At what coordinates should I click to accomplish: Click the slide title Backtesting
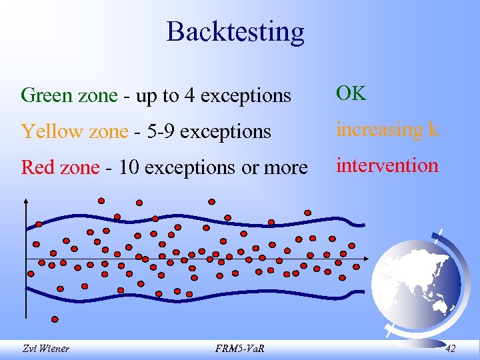coord(235,31)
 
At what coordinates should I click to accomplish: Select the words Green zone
coord(69,96)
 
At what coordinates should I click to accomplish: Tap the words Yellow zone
coord(73,131)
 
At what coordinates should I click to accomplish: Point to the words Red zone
coord(60,167)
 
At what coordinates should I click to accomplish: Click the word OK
coord(351,94)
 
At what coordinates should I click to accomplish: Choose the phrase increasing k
coord(387,129)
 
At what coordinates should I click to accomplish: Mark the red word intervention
coord(387,165)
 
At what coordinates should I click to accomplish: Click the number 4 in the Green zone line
coord(189,96)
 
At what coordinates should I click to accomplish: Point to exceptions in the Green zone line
coord(245,96)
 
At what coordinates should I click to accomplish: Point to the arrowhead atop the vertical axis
coord(26,199)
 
